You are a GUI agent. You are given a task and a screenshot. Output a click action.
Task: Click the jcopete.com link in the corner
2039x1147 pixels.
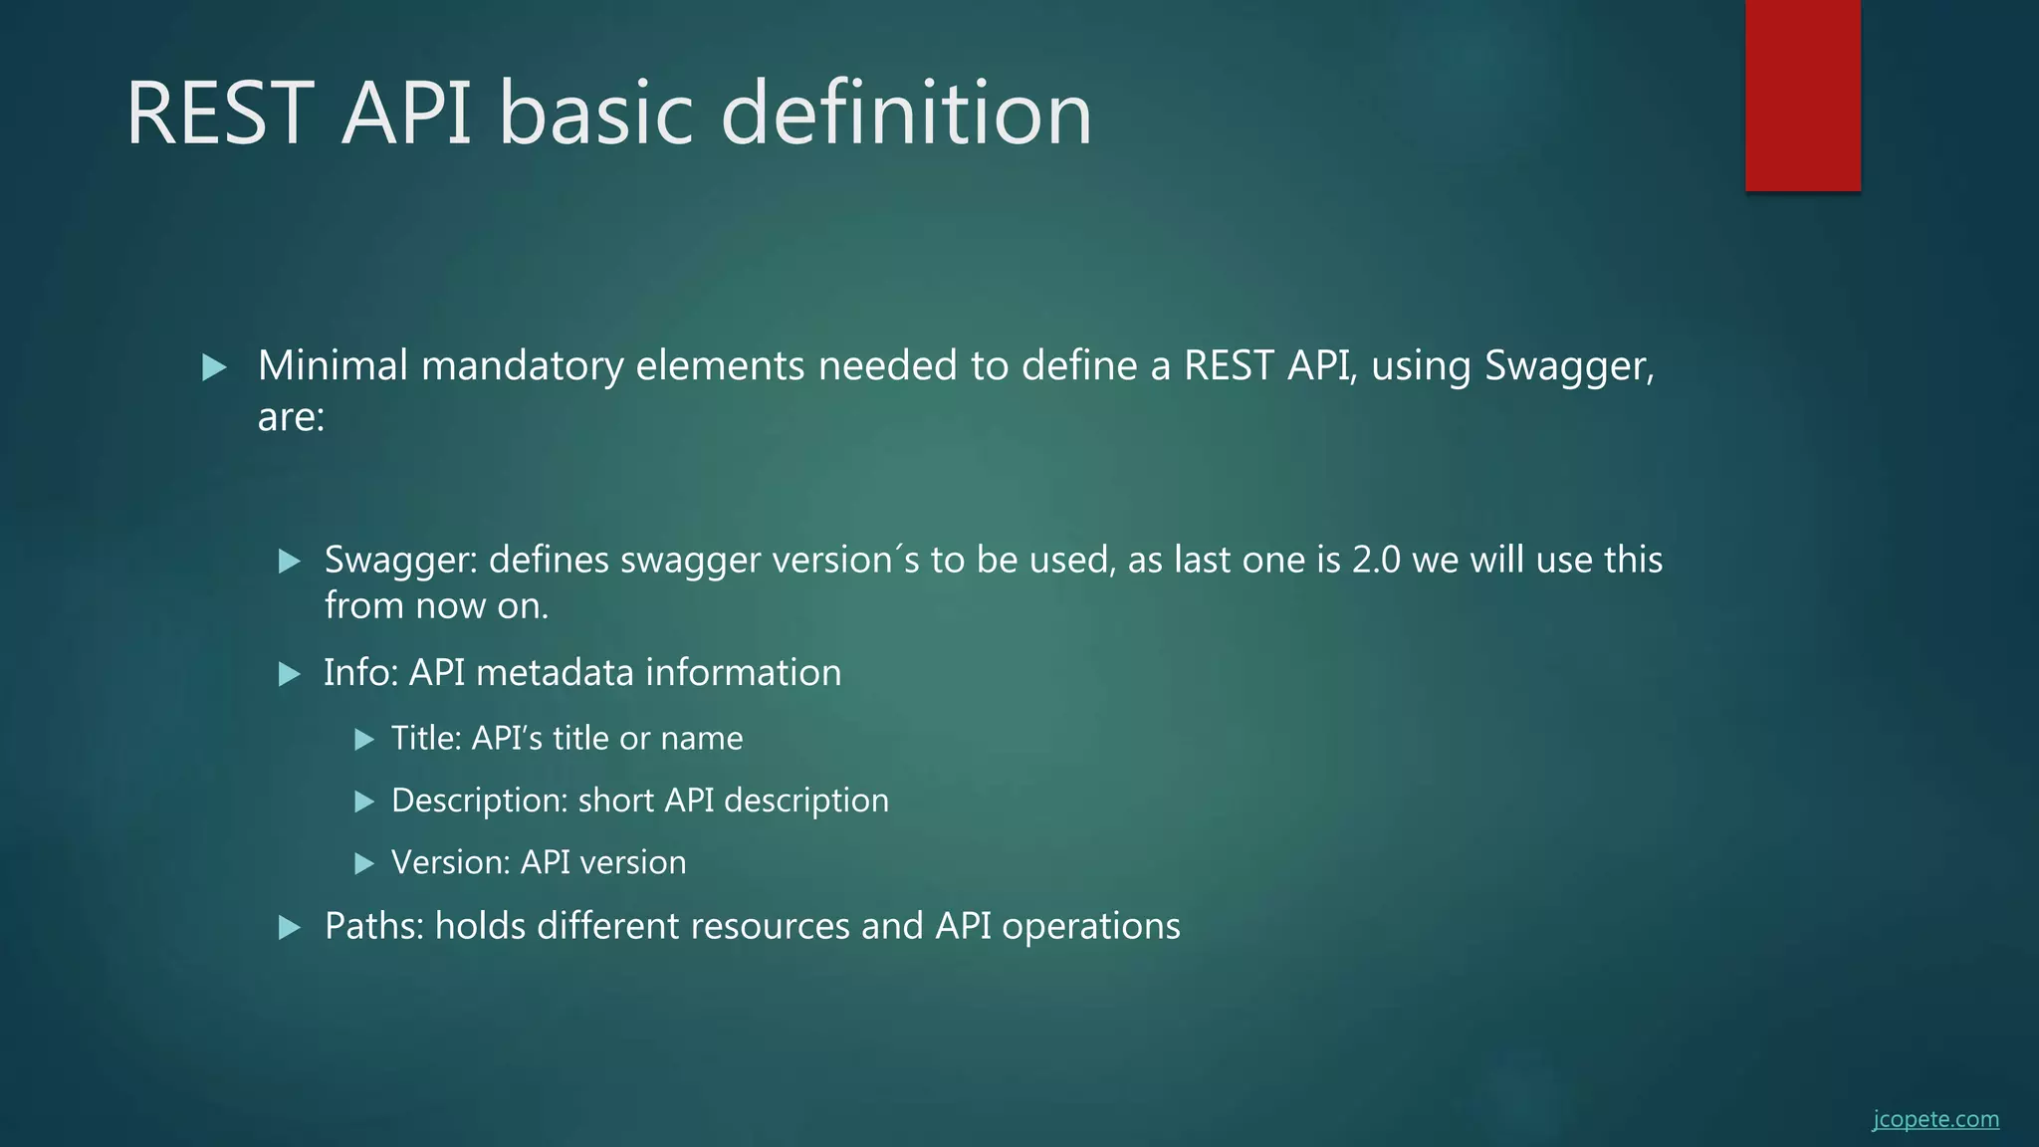coord(1934,1119)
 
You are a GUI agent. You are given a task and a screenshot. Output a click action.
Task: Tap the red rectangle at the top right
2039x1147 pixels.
coord(1802,96)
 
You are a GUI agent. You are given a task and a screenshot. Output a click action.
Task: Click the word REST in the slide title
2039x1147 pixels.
coord(220,114)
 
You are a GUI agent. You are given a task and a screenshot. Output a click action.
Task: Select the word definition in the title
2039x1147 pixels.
coord(905,114)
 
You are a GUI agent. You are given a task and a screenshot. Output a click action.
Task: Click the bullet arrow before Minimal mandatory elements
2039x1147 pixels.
coord(214,367)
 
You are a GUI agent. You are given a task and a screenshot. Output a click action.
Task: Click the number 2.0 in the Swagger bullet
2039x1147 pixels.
coord(1376,560)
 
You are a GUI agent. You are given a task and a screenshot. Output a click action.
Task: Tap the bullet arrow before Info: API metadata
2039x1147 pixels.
coord(290,674)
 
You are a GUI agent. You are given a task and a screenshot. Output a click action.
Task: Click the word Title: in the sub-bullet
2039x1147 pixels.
coord(426,738)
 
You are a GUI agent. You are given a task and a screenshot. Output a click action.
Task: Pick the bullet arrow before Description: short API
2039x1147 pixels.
coord(364,802)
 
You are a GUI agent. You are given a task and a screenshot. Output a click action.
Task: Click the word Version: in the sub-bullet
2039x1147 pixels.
coord(451,862)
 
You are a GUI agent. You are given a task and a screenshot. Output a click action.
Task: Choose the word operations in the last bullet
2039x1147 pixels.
coord(1090,927)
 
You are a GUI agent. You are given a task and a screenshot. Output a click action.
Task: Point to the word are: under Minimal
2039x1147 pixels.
coord(291,417)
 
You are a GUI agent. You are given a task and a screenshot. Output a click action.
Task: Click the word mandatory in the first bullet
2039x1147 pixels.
coord(523,366)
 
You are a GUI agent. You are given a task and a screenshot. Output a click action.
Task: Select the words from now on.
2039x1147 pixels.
coord(436,605)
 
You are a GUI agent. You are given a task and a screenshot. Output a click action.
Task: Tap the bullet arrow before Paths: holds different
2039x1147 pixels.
coord(290,928)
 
